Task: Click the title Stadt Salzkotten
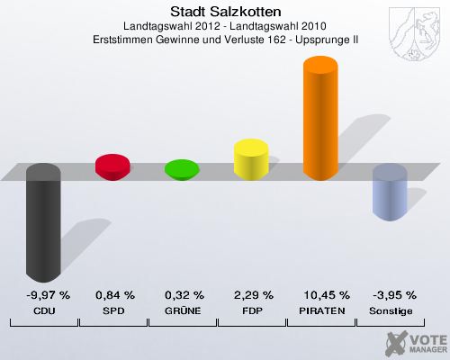(x=225, y=12)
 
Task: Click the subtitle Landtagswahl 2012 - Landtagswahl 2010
(x=225, y=26)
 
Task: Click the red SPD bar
(x=113, y=167)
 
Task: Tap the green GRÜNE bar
(x=182, y=169)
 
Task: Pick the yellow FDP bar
(x=251, y=159)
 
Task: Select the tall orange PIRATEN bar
(x=321, y=118)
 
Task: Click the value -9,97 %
(x=43, y=294)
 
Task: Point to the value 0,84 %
(x=114, y=294)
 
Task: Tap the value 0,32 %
(x=184, y=294)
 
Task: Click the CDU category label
(x=43, y=310)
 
